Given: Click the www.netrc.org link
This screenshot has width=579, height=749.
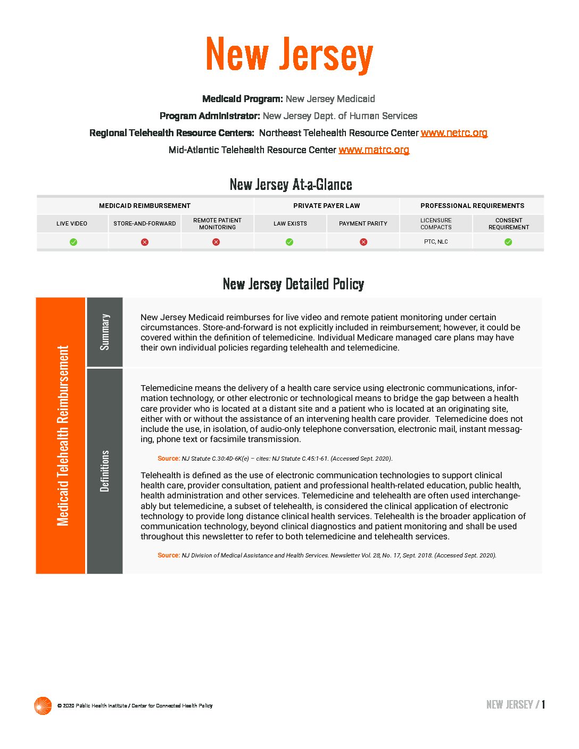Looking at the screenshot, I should click(x=454, y=133).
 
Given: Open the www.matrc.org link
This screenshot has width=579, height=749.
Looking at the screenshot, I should click(x=374, y=150).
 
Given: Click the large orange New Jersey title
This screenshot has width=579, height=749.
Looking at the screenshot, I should click(x=289, y=55).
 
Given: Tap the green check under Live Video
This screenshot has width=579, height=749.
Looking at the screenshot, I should click(x=73, y=242).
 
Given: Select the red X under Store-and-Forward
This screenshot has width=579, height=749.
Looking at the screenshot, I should click(x=145, y=242).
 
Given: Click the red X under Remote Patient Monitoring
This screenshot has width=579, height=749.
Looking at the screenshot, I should click(x=216, y=242).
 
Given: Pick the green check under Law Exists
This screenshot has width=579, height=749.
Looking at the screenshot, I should click(x=289, y=242).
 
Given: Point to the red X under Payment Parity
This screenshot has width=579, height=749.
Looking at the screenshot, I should click(x=363, y=242).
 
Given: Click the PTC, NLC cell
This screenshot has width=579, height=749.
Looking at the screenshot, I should click(x=436, y=242).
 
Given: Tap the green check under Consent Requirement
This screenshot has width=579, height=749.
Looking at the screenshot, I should click(x=508, y=242).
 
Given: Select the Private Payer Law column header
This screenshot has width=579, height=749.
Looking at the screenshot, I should click(x=326, y=206).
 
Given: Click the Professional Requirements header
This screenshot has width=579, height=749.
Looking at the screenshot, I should click(x=472, y=206).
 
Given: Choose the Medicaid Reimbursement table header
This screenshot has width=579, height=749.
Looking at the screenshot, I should click(x=145, y=206).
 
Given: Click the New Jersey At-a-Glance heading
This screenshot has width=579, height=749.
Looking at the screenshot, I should click(x=291, y=185).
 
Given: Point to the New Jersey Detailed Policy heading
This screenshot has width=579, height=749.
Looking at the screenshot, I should click(x=293, y=284).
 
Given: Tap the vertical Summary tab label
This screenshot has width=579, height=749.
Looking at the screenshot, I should click(x=105, y=332).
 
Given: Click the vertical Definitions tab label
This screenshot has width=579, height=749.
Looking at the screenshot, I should click(x=105, y=471).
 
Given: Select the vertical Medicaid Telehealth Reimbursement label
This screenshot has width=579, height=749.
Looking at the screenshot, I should click(x=63, y=436).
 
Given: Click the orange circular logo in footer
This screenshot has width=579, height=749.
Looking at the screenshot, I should click(x=43, y=705).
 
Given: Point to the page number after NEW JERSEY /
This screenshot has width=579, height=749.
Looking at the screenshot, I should click(x=543, y=705).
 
